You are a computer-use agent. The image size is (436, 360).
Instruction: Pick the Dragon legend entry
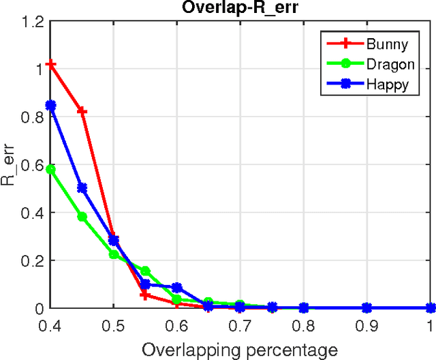point(388,64)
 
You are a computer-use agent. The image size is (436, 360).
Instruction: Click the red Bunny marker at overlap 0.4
point(50,65)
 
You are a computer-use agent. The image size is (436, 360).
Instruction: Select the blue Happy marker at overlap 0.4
point(50,106)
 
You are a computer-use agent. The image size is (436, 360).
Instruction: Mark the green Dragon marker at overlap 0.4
point(50,170)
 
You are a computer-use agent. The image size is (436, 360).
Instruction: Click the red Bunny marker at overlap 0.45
point(82,110)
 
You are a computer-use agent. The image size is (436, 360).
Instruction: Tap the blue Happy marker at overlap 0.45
point(82,188)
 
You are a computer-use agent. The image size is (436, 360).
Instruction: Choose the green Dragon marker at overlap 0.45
point(82,217)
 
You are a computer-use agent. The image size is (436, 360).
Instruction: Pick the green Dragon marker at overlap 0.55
point(145,271)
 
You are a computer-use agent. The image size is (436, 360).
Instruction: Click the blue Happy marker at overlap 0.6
point(177,288)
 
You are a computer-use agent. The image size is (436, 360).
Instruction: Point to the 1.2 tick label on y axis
point(32,21)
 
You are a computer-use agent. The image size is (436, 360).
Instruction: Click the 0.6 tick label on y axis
point(32,164)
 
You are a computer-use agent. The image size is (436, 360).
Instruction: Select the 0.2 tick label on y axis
point(32,260)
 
